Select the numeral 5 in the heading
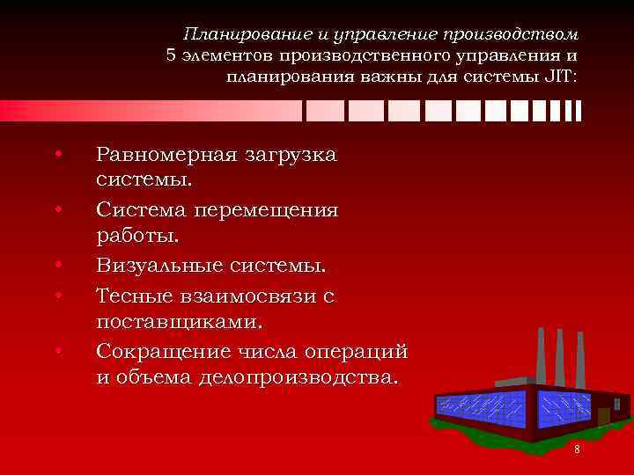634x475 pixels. [172, 55]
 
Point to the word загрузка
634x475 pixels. [291, 155]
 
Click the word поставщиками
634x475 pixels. [180, 322]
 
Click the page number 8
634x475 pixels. [577, 449]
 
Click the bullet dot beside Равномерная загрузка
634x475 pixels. [58, 155]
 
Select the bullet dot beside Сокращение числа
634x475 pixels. [58, 351]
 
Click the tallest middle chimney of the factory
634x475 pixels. [560, 356]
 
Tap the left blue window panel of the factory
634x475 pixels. [479, 406]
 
